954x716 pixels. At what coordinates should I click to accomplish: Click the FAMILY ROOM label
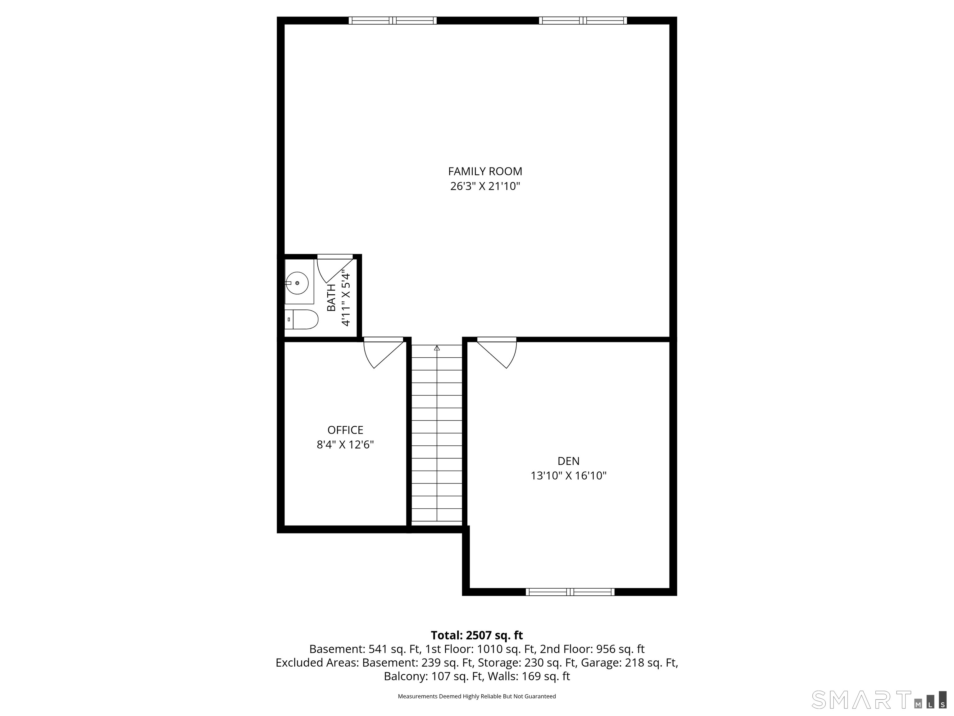(485, 171)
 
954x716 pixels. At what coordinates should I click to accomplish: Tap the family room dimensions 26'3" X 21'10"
(485, 186)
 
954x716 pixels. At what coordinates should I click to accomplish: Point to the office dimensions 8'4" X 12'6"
(345, 444)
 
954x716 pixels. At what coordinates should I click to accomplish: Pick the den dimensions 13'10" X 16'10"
(568, 475)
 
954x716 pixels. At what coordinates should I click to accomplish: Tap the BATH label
(331, 298)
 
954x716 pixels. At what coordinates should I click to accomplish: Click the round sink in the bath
(297, 283)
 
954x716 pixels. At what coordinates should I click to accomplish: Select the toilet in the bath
(302, 319)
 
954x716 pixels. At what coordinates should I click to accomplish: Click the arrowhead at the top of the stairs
(437, 348)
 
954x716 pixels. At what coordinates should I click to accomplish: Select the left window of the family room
(393, 20)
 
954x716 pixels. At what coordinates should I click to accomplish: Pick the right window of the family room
(583, 20)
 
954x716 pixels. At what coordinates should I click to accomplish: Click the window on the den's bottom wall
(570, 592)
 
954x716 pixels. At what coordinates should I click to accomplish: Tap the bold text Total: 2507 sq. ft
(477, 635)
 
